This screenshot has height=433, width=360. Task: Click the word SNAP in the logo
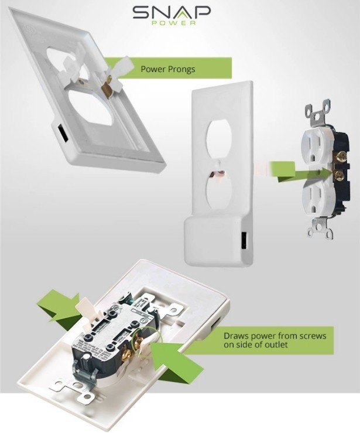[x=172, y=13]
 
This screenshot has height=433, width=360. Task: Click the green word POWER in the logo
[x=173, y=23]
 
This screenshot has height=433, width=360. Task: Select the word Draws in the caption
[x=235, y=336]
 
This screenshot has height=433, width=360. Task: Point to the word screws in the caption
[x=312, y=336]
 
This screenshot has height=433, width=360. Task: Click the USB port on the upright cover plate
[x=244, y=240]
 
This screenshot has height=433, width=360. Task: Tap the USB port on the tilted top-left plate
[x=63, y=132]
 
